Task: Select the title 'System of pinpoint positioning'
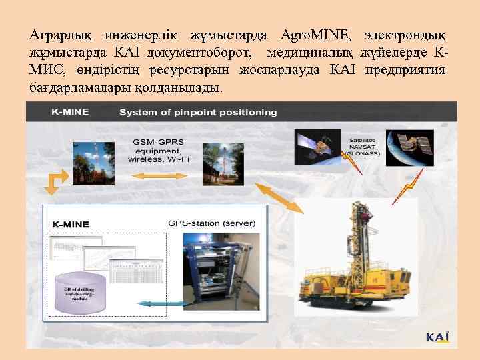(x=198, y=112)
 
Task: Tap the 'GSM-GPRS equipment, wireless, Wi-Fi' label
(x=160, y=150)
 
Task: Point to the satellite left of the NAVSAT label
(x=315, y=147)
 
